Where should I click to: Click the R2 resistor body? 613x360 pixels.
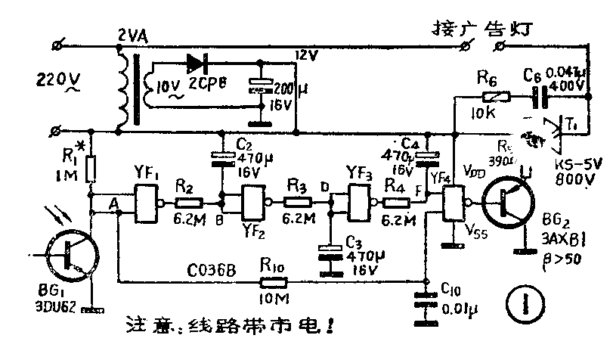point(189,202)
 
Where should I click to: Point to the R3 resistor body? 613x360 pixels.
point(297,202)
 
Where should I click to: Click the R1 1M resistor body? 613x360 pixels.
point(90,169)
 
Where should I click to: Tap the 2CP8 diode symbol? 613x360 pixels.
point(198,64)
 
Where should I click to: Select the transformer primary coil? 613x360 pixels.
point(121,88)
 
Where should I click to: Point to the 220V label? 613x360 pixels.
point(52,78)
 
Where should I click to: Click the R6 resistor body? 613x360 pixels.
point(496,97)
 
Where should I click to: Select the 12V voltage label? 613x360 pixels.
point(306,56)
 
